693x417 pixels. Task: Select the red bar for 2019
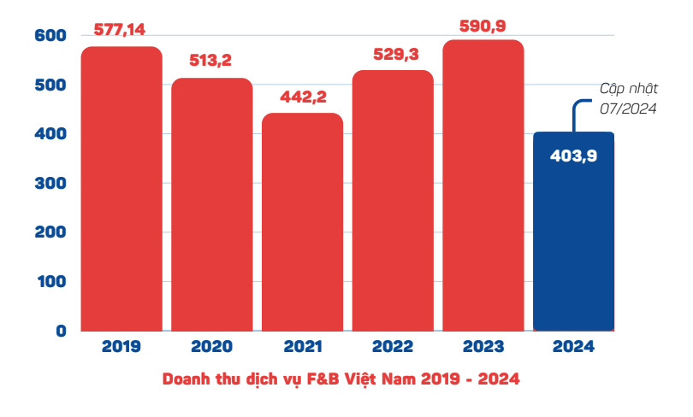(121, 188)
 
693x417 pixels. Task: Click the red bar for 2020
(212, 205)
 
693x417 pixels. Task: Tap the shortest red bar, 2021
(302, 222)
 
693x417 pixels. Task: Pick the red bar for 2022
(393, 201)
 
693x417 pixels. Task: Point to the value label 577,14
(120, 30)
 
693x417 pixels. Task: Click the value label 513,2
(212, 61)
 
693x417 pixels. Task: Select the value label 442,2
(303, 97)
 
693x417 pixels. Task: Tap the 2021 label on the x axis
(302, 347)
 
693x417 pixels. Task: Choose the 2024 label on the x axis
(573, 347)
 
